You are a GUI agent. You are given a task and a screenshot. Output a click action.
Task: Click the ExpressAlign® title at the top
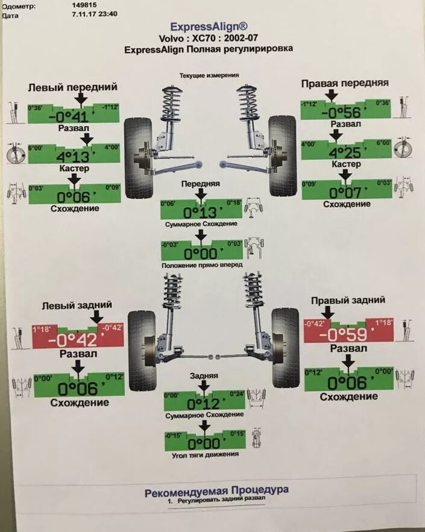pyautogui.click(x=209, y=27)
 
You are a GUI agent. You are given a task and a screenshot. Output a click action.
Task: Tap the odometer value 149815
pyautogui.click(x=84, y=4)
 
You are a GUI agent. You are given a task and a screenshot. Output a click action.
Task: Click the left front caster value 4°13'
pyautogui.click(x=72, y=157)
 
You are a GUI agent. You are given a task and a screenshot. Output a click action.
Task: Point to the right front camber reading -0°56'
pyautogui.click(x=343, y=113)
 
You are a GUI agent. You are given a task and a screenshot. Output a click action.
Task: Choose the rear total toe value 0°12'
pyautogui.click(x=203, y=403)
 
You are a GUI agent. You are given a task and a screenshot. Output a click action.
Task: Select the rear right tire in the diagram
pyautogui.click(x=284, y=348)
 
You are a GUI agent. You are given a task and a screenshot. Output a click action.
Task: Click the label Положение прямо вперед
pyautogui.click(x=202, y=265)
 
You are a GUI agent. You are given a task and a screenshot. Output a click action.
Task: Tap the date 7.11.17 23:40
pyautogui.click(x=95, y=14)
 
